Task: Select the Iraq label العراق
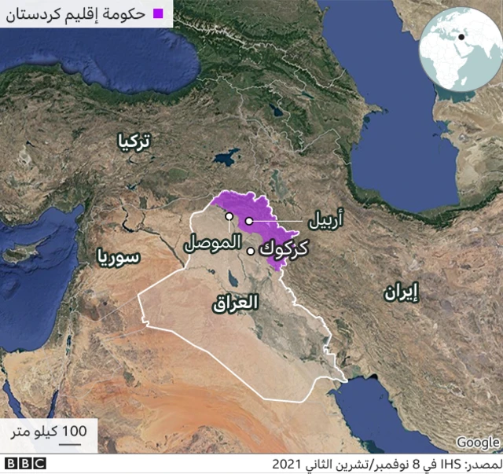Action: (x=235, y=302)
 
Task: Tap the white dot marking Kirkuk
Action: (x=251, y=252)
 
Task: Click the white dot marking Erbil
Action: (x=248, y=222)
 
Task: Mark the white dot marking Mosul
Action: (x=229, y=216)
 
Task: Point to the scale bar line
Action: (x=72, y=442)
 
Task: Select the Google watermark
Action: (x=477, y=443)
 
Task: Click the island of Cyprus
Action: (x=31, y=251)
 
